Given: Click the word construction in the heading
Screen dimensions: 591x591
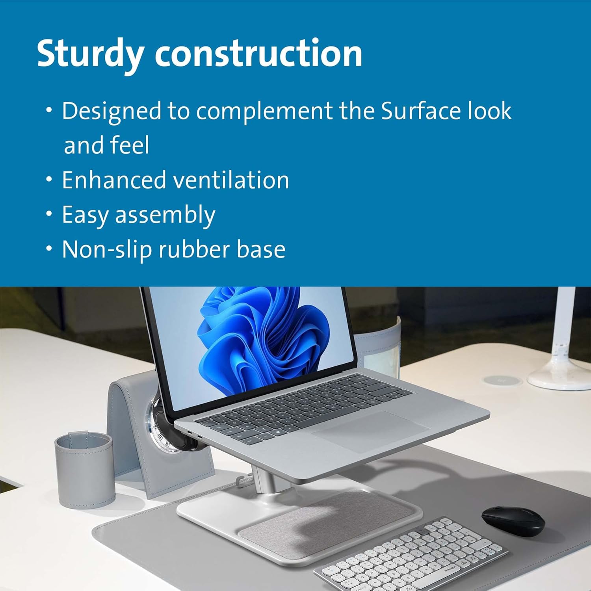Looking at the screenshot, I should pyautogui.click(x=258, y=54).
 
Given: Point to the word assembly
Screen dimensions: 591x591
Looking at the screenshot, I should pyautogui.click(x=165, y=216).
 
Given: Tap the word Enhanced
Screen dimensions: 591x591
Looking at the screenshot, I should pyautogui.click(x=114, y=180).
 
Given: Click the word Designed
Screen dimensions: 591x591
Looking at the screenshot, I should pyautogui.click(x=112, y=112).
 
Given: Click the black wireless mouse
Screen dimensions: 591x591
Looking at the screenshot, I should pyautogui.click(x=513, y=520).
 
